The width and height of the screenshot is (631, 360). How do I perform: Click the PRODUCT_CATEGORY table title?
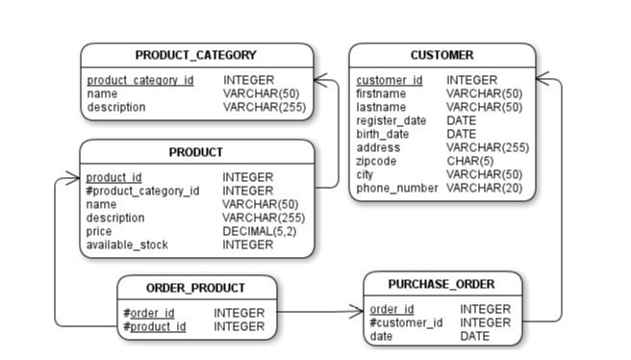coord(195,55)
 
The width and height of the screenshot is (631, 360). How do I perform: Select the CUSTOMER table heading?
coord(442,55)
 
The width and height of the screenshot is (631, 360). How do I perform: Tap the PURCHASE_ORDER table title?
coord(442,284)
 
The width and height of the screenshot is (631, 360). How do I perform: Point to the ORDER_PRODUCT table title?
coord(195,288)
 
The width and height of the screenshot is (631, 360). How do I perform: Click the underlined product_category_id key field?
coord(139,80)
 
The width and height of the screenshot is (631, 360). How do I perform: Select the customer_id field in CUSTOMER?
coord(389,80)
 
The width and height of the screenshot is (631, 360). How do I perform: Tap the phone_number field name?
coord(396,188)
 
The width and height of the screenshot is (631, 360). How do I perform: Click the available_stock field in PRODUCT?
coord(127,244)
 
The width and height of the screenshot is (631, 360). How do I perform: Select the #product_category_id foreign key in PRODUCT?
coord(142,191)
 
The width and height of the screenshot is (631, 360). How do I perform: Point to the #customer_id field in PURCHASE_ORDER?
coord(406,322)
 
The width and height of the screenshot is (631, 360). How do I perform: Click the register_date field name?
coord(391,120)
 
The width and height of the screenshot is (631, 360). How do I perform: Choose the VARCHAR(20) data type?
coord(485,188)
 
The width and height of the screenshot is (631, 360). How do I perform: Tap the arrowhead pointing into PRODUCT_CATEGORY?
coord(320,80)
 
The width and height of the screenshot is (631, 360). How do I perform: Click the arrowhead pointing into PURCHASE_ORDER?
coord(357,312)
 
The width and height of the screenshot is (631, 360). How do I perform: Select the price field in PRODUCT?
coord(99,231)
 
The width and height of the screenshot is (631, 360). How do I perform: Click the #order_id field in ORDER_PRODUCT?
coord(149,313)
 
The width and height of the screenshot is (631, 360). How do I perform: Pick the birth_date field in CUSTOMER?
coord(383,134)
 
